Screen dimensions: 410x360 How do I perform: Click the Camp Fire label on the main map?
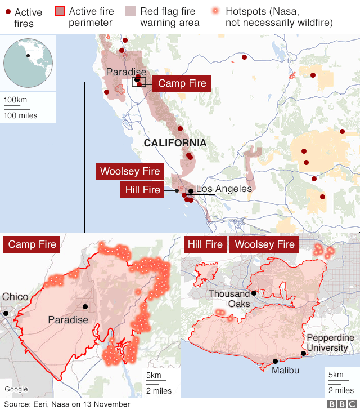[x=182, y=83]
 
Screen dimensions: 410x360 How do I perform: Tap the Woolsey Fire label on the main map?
[x=130, y=171]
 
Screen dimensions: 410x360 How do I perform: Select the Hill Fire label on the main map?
[x=143, y=190]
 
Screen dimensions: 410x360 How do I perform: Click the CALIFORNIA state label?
[x=175, y=144]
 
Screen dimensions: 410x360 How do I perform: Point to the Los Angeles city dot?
[x=191, y=191]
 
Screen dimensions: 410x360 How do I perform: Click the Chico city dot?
[x=6, y=313]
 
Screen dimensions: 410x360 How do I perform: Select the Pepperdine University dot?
[x=304, y=354]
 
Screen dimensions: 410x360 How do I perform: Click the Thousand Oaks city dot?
[x=254, y=293]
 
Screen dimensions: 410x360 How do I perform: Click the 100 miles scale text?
[x=21, y=115]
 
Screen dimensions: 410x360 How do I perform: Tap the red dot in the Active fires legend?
[x=8, y=12]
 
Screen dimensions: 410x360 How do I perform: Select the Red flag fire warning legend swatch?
[x=130, y=11]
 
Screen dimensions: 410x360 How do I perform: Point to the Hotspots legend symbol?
[x=215, y=11]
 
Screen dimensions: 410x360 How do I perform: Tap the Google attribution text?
[x=16, y=389]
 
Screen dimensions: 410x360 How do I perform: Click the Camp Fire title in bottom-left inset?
[x=32, y=244]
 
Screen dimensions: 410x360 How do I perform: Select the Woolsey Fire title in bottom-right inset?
[x=264, y=244]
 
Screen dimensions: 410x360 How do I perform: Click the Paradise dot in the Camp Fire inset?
[x=85, y=307]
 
